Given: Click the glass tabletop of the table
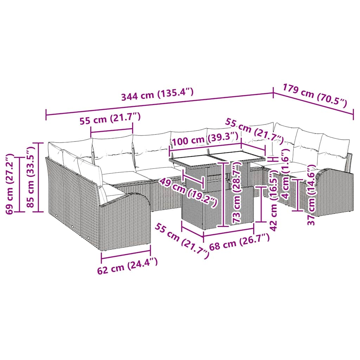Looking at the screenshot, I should pyautogui.click(x=218, y=156).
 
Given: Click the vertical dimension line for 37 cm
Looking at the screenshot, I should pyautogui.click(x=298, y=195).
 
